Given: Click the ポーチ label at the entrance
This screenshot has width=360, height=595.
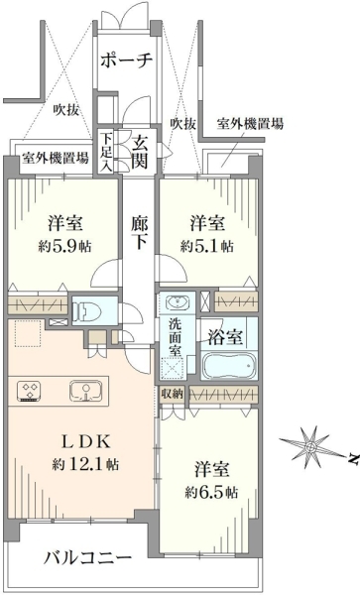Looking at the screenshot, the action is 127,59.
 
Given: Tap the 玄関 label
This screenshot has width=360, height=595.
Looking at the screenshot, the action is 140,153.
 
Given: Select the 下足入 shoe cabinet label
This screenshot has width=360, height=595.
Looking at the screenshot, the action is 106,152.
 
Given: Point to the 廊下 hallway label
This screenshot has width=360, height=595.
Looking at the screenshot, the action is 140,233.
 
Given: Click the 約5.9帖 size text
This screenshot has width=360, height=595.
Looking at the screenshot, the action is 64,247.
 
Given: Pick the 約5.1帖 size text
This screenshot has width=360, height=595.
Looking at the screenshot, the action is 206,247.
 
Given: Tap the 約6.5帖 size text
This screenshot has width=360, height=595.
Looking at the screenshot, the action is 211,493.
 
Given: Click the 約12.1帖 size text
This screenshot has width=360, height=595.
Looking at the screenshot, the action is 84,464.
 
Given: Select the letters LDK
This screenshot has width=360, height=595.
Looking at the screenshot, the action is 86,441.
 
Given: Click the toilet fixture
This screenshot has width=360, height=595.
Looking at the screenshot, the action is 88,310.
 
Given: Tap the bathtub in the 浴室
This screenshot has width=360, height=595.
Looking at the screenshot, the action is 229,365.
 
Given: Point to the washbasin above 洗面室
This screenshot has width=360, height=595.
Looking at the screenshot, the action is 178,302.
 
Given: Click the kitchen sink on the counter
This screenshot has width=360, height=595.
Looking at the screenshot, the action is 86,392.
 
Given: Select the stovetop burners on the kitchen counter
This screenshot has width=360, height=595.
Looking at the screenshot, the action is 29,392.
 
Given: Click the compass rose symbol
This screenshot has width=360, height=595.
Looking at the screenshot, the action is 310,447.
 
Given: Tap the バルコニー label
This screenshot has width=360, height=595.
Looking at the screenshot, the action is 87,558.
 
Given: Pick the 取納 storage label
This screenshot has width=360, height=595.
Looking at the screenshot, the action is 173,394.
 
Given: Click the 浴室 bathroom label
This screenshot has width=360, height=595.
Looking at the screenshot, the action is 225,337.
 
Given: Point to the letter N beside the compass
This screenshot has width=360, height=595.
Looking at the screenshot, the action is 353,459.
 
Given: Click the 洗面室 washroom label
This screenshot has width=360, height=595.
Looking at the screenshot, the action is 175,338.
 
